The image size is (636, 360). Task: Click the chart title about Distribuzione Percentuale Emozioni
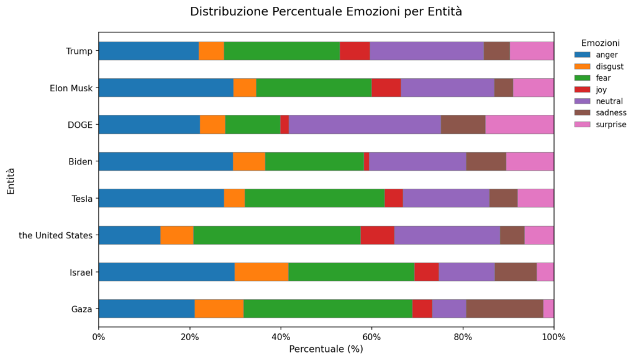click(x=325, y=12)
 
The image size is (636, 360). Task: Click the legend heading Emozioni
click(x=600, y=43)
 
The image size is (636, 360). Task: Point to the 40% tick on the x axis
click(x=281, y=337)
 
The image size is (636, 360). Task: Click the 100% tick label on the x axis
click(x=553, y=337)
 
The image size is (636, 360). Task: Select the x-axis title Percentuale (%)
click(x=326, y=349)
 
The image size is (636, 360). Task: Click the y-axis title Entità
click(x=11, y=180)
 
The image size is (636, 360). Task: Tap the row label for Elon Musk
click(x=71, y=88)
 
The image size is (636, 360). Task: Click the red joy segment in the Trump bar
click(x=355, y=51)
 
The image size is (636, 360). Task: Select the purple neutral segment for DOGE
click(x=365, y=125)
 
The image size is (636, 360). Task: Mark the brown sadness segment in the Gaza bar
click(x=504, y=308)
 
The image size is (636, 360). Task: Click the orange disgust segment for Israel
click(x=261, y=272)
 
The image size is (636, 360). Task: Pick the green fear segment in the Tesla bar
click(x=314, y=198)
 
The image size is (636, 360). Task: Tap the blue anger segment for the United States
click(x=129, y=235)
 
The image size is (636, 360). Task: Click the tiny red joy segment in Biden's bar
click(x=366, y=161)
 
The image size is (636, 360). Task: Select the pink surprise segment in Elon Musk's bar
click(x=533, y=88)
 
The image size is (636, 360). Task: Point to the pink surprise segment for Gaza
click(x=548, y=308)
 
